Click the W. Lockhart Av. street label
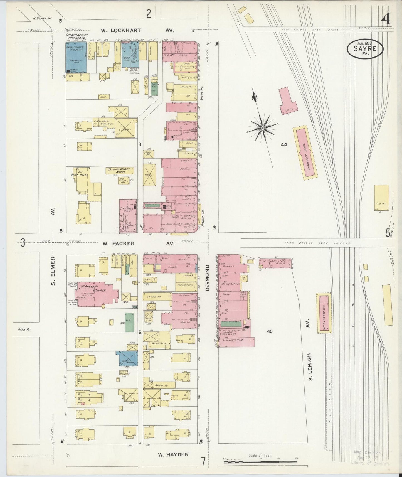pyautogui.click(x=138, y=30)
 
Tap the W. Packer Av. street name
pyautogui.click(x=138, y=244)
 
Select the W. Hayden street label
pyautogui.click(x=173, y=455)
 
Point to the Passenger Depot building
pyautogui.click(x=305, y=152)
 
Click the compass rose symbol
pyautogui.click(x=262, y=128)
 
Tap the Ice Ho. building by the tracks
pyautogui.click(x=381, y=198)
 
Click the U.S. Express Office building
pyautogui.click(x=324, y=313)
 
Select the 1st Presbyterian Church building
pyautogui.click(x=96, y=294)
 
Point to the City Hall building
pyautogui.click(x=128, y=215)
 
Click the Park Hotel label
pyautogui.click(x=80, y=175)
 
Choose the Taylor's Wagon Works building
pyautogui.click(x=120, y=170)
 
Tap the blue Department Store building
pyautogui.click(x=76, y=57)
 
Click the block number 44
pyautogui.click(x=284, y=144)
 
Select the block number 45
pyautogui.click(x=269, y=331)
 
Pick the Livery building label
pyautogui.click(x=126, y=130)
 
